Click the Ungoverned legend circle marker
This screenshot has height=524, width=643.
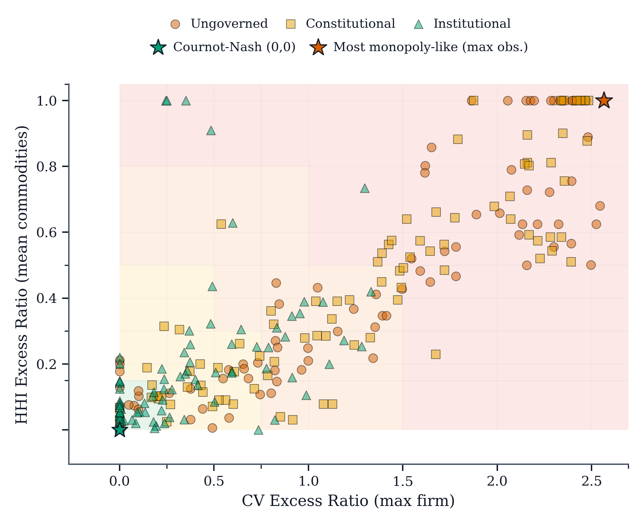(175, 24)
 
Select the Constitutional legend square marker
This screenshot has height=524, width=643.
(291, 24)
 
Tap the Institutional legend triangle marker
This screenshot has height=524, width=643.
(418, 24)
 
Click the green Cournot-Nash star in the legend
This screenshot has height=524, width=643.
(158, 47)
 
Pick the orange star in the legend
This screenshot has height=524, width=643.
(318, 47)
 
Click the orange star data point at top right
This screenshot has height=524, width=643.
(604, 101)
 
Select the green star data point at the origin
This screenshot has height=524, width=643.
(120, 429)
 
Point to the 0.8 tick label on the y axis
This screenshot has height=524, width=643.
(46, 166)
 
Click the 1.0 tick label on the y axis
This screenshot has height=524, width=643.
(46, 101)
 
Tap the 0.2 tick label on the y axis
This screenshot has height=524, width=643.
(46, 364)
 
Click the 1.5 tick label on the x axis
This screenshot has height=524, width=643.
(403, 481)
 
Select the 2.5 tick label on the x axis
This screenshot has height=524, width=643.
(592, 481)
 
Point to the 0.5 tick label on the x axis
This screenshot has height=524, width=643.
(214, 481)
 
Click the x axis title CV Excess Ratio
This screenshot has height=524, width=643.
(348, 501)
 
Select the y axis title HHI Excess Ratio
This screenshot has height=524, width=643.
(22, 275)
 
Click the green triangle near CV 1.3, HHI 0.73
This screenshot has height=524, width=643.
(365, 189)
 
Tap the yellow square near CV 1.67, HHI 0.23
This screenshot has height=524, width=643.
(435, 354)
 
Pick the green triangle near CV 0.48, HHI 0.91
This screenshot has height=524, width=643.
(211, 131)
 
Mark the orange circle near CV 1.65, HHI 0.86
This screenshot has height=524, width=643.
(431, 147)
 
